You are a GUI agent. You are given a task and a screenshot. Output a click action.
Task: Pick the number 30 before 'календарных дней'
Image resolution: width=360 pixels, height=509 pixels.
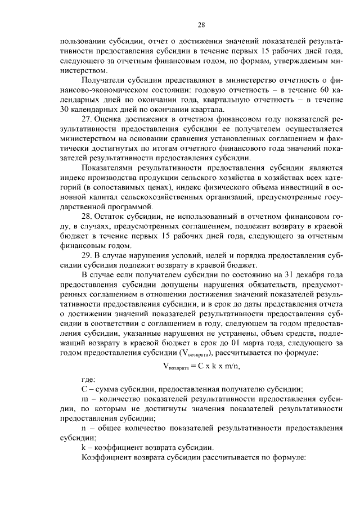point(64,110)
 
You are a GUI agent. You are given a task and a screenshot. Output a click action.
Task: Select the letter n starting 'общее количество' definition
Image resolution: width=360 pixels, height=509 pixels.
point(85,428)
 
